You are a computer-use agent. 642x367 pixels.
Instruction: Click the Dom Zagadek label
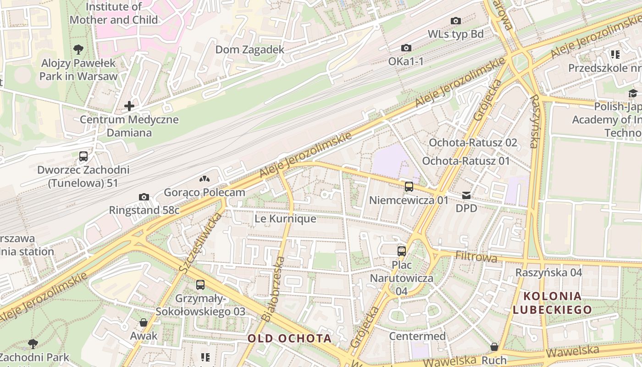tap(250, 50)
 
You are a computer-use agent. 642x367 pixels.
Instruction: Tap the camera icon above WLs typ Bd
tap(455, 21)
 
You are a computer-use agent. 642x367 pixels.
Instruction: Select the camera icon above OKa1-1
tap(406, 48)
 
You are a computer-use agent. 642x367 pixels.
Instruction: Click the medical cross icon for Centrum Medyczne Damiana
tap(129, 106)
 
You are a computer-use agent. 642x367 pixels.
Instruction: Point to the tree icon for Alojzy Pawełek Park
tap(78, 49)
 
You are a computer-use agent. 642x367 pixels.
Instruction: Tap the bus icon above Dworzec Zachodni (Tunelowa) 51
tap(83, 156)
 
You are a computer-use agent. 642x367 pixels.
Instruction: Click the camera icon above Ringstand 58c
tap(144, 197)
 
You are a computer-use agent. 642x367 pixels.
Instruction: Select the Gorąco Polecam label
tap(205, 192)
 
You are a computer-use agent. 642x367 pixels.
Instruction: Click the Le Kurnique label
tap(285, 219)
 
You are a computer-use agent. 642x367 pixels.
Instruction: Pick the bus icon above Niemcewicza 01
tap(409, 187)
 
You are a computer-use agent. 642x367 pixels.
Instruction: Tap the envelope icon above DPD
tap(466, 195)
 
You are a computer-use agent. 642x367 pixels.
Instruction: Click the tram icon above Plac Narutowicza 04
tap(402, 251)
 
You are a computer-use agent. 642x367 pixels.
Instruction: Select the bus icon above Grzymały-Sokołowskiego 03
tap(200, 285)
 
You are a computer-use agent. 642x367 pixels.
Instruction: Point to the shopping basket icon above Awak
tap(144, 323)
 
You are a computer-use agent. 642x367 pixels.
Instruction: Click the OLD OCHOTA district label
tap(289, 339)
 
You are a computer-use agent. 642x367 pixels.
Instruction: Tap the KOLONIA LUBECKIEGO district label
tap(552, 303)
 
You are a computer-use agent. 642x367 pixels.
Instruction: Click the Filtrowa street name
tap(476, 257)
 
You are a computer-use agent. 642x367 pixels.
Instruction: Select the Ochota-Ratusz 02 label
tap(472, 143)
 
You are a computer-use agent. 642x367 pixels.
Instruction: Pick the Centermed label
tap(417, 336)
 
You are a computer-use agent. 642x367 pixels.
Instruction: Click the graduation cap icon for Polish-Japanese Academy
tap(633, 94)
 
